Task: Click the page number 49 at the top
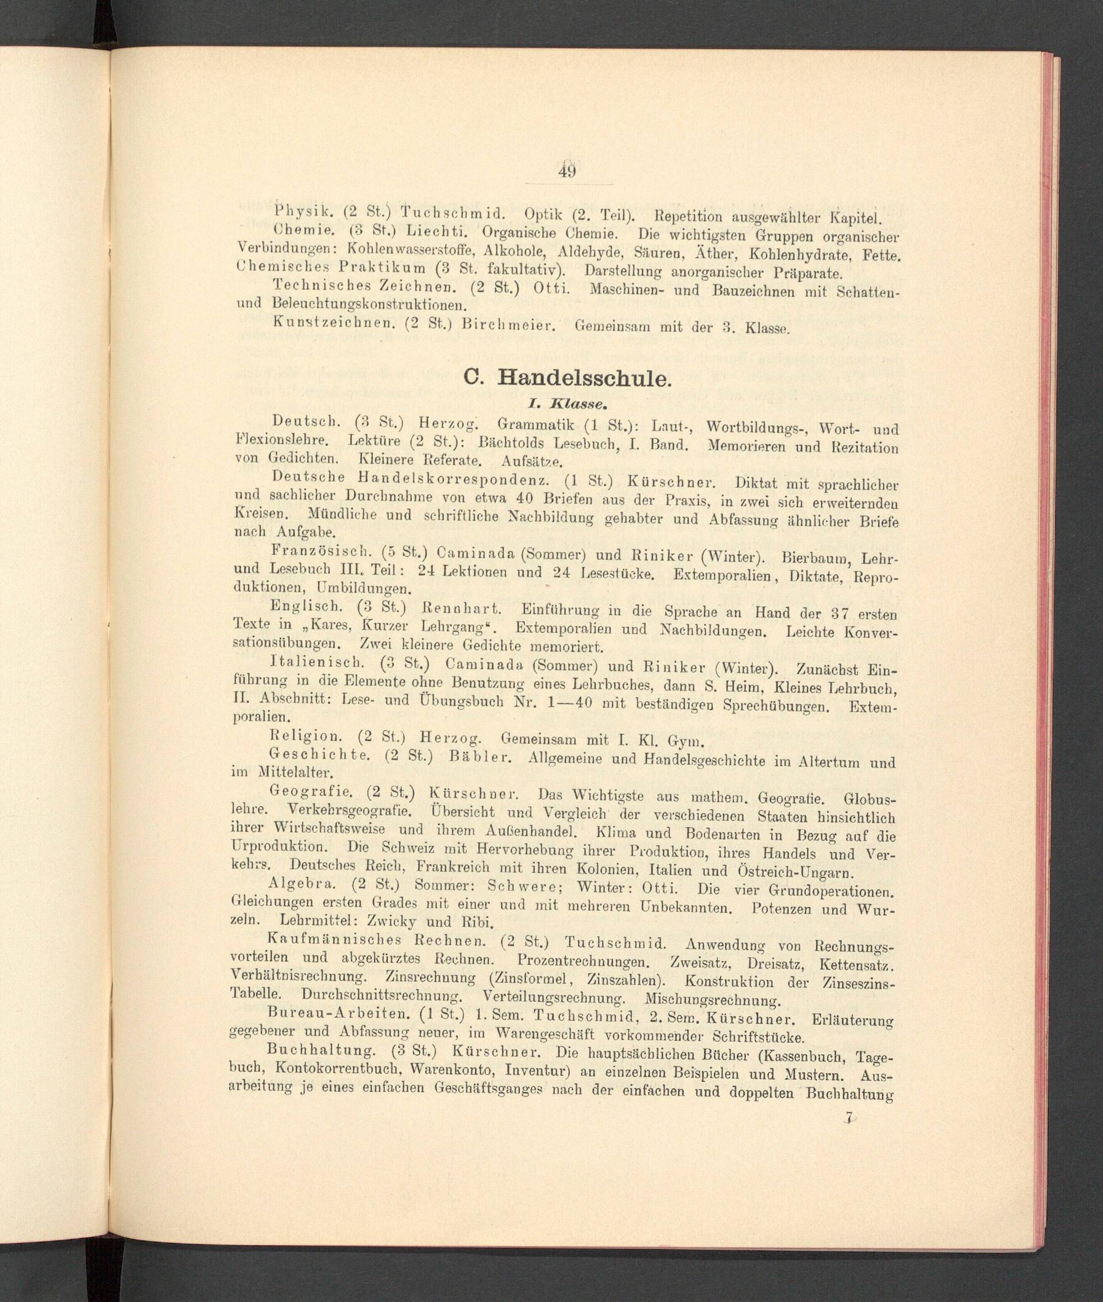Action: (567, 170)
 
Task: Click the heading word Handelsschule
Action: (583, 378)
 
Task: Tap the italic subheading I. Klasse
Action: (566, 405)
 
